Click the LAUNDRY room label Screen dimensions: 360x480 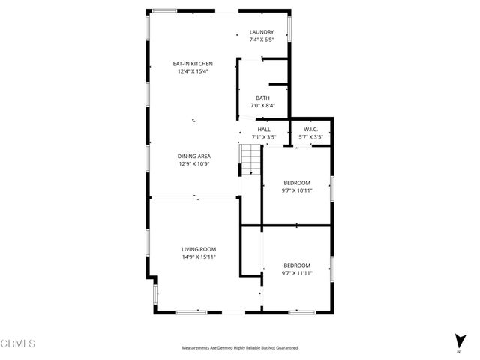[262, 32]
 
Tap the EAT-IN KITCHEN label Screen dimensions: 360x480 [193, 64]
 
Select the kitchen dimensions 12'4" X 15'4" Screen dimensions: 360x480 [193, 71]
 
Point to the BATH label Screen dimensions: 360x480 [262, 97]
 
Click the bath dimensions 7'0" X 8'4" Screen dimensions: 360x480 [262, 105]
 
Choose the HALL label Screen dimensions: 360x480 [264, 130]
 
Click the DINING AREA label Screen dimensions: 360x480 [194, 156]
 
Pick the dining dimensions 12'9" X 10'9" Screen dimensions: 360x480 [194, 163]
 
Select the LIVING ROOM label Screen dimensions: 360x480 [199, 249]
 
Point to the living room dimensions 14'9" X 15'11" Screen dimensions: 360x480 [199, 256]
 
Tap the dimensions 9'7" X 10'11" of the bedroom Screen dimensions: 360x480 [297, 190]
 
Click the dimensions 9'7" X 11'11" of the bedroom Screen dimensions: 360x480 [297, 273]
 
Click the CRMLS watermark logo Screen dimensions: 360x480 [18, 343]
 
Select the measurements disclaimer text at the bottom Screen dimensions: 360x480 [240, 348]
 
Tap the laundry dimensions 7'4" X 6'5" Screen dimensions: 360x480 [262, 40]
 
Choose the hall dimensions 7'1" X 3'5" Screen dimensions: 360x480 [264, 137]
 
